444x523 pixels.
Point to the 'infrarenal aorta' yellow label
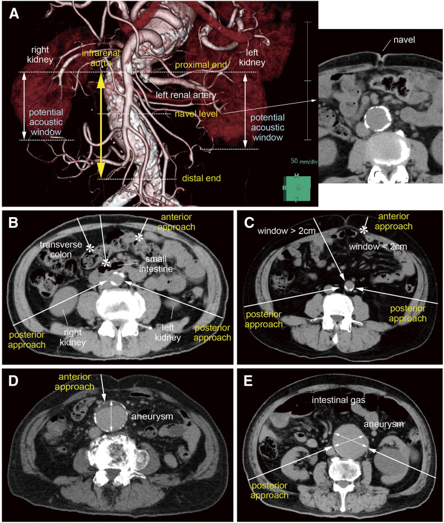(101, 58)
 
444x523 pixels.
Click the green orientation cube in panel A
(298, 188)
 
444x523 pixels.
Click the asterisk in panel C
(365, 228)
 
